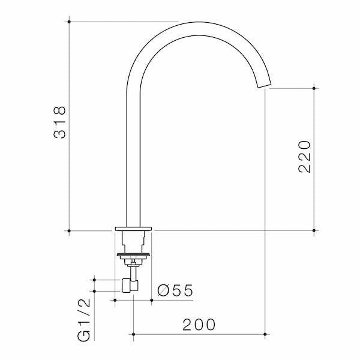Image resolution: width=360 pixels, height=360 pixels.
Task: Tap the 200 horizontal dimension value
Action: tap(199, 325)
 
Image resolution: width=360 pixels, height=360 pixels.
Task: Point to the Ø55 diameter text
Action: tap(175, 290)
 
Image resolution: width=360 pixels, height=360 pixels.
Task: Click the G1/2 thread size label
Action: tap(85, 320)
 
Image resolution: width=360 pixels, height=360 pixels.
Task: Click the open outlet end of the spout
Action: tap(265, 85)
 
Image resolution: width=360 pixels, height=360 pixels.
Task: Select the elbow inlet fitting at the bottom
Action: tap(128, 285)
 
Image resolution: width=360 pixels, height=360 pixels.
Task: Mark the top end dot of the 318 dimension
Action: tap(70, 22)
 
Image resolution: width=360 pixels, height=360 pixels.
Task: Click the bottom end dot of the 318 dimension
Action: tap(70, 230)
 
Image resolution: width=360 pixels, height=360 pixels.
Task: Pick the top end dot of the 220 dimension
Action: tap(313, 88)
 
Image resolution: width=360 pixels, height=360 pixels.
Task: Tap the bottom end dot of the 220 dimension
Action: tap(313, 230)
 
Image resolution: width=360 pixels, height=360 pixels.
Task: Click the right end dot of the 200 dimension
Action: tap(265, 333)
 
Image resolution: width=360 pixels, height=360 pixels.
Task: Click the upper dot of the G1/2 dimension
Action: tap(94, 280)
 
